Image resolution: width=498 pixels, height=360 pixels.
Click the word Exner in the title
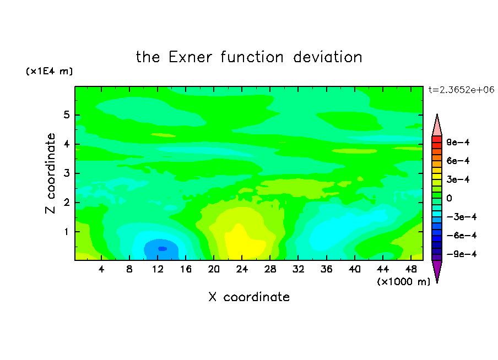190,57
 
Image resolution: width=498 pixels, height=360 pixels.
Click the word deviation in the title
328,57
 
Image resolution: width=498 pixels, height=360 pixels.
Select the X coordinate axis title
249,297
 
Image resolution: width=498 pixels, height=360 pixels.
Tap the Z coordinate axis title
51,173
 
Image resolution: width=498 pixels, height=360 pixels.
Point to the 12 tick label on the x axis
158,269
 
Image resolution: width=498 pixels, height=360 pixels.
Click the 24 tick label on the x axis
242,269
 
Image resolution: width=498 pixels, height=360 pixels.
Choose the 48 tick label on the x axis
410,269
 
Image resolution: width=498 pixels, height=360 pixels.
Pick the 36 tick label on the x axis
326,269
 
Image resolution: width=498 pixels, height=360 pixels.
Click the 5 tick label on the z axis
66,114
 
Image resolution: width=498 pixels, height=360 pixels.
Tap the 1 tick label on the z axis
66,232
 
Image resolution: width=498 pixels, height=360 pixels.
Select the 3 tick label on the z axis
66,173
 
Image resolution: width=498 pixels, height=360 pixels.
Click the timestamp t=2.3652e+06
461,90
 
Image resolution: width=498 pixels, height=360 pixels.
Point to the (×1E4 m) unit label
49,71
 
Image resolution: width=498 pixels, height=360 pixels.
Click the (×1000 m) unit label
404,282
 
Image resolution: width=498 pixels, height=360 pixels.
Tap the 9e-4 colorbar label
458,142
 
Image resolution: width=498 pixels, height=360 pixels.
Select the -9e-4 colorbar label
462,254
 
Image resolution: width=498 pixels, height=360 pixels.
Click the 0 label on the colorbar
449,198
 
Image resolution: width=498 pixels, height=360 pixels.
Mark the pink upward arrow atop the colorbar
437,125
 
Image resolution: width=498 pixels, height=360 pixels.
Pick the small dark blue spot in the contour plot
163,249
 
